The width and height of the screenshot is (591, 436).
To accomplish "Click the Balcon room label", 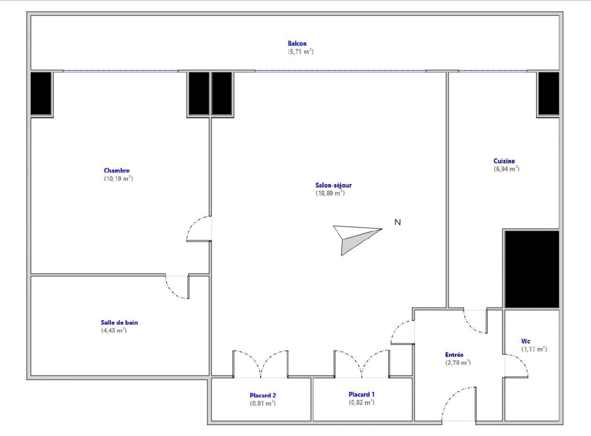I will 297,44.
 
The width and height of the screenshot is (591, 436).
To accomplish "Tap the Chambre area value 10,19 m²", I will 118,178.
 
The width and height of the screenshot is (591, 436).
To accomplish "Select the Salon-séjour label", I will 333,185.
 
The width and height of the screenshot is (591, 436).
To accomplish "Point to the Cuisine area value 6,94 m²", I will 506,169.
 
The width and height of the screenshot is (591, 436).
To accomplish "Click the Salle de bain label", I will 119,323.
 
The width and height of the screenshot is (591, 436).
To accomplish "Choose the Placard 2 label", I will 263,395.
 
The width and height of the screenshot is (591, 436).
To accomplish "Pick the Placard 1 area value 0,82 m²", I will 361,402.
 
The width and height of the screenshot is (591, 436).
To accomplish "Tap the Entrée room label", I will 454,355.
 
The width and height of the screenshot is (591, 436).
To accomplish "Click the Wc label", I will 526,341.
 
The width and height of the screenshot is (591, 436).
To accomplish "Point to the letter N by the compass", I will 398,222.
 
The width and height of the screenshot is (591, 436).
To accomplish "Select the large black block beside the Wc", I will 532,269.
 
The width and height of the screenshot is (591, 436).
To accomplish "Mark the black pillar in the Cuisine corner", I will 548,94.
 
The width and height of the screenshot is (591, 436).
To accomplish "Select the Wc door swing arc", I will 517,365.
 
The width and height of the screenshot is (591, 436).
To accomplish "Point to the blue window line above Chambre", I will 120,71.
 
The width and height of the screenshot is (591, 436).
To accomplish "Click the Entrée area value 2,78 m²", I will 458,363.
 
